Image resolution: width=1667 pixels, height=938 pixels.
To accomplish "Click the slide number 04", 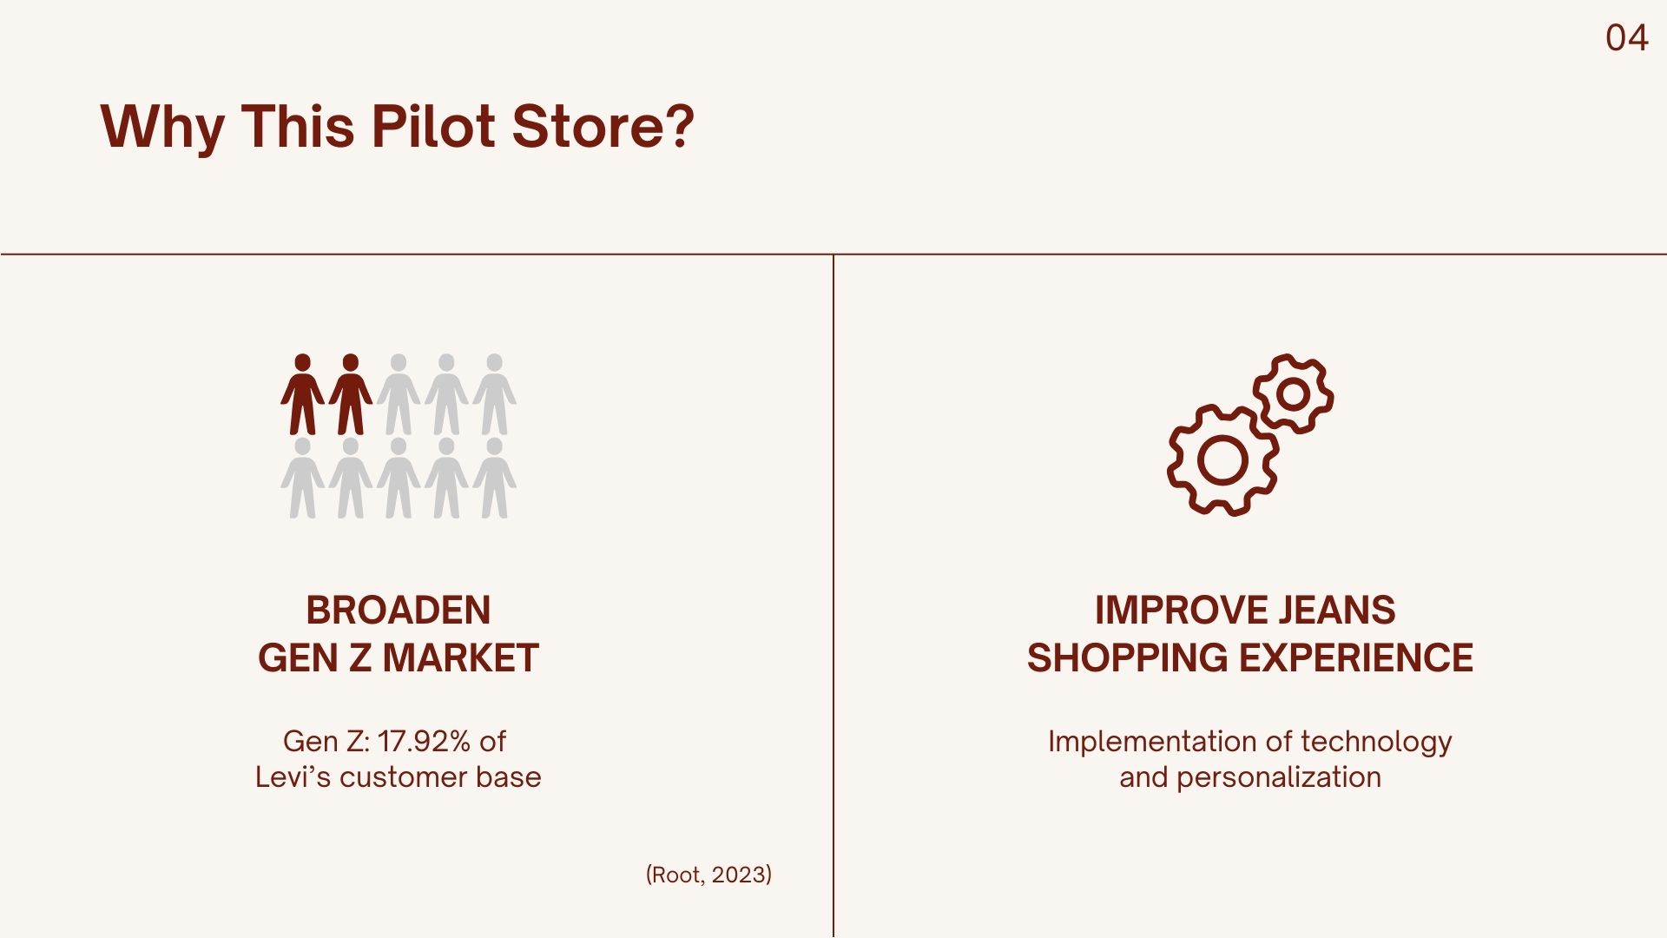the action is pyautogui.click(x=1626, y=38).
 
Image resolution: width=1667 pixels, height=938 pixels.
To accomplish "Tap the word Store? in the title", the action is pyautogui.click(x=603, y=126).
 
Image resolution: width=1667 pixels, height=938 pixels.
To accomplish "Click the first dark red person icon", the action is pyautogui.click(x=302, y=393).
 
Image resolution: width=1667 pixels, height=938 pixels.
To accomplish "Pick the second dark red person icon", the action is pyautogui.click(x=351, y=393).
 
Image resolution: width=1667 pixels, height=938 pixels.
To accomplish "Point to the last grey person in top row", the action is pyautogui.click(x=494, y=393).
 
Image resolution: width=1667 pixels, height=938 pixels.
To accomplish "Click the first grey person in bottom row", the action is pyautogui.click(x=302, y=478).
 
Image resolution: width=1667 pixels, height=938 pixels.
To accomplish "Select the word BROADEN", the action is pyautogui.click(x=399, y=610).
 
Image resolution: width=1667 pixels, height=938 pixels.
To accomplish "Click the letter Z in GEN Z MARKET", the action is pyautogui.click(x=359, y=657).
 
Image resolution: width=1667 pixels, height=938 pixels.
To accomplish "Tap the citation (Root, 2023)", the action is pyautogui.click(x=708, y=875).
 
